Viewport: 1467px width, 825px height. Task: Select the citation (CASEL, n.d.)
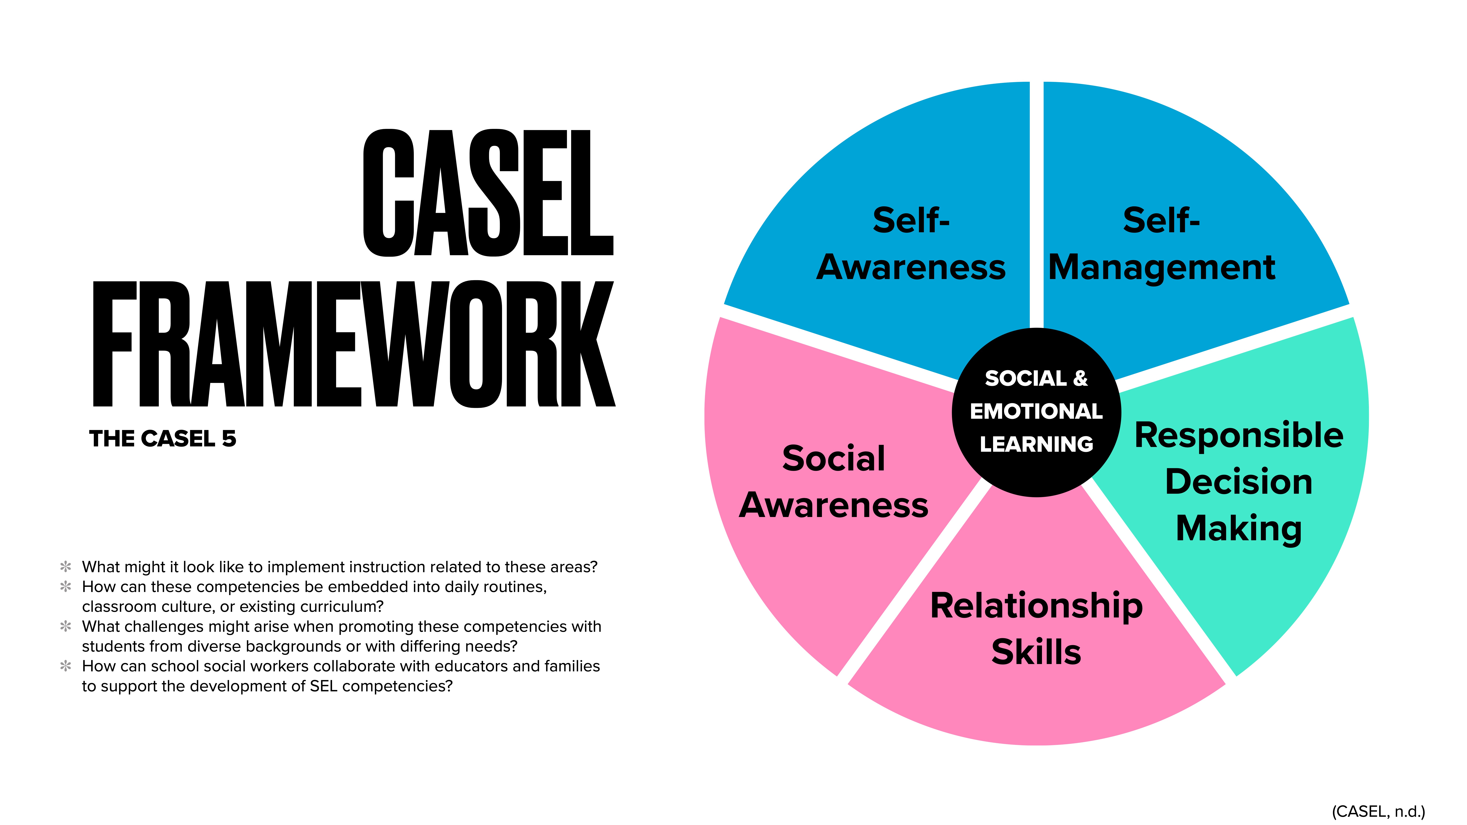1378,811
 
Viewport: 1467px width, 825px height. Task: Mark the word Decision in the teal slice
1239,482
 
